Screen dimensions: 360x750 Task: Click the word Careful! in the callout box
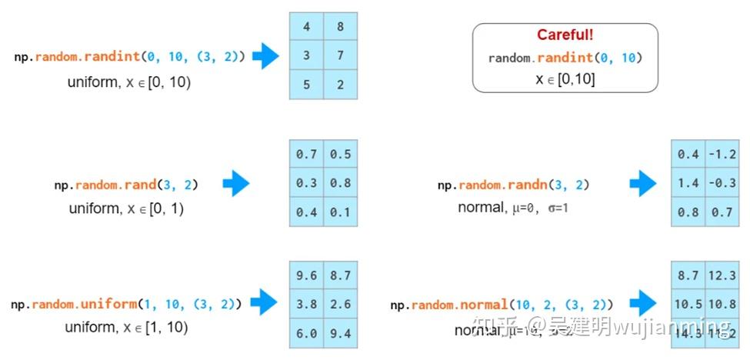click(565, 35)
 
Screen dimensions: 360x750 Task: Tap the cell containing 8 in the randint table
click(341, 27)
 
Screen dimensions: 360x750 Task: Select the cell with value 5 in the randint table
click(306, 85)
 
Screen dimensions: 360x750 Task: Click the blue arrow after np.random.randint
click(265, 56)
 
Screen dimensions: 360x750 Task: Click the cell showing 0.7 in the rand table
click(306, 155)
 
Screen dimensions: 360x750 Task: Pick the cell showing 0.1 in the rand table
click(340, 212)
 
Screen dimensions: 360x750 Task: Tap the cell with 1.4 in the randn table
click(688, 183)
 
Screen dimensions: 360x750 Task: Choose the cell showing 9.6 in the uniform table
click(306, 275)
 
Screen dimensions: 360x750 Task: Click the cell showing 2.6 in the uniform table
click(340, 304)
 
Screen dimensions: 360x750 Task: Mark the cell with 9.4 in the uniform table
click(340, 333)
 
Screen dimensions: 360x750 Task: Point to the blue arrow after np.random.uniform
click(263, 302)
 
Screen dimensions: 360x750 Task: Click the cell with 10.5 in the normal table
click(688, 304)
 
